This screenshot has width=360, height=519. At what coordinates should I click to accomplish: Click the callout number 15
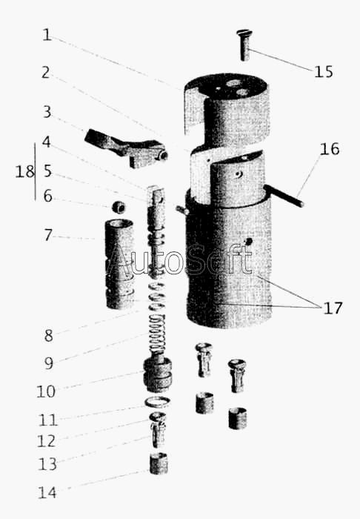point(323,72)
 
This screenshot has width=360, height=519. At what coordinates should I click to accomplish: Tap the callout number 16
point(329,149)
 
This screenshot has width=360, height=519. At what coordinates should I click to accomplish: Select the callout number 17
point(333,308)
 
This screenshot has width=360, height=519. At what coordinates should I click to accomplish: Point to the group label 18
point(24,171)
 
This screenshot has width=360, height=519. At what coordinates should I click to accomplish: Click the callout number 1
point(47,35)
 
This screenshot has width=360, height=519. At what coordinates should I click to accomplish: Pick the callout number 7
point(48,235)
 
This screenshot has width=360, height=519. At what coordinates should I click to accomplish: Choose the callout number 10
point(46,391)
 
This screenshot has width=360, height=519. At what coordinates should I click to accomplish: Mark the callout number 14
point(47,493)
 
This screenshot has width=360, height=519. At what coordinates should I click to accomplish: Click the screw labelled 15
point(244,45)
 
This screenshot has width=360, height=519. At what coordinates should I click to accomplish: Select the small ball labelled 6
point(119,207)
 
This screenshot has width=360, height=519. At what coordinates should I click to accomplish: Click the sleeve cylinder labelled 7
point(119,264)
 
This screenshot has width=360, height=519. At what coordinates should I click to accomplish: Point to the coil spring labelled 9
point(158,333)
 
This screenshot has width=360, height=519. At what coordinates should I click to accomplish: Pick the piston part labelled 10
point(157,374)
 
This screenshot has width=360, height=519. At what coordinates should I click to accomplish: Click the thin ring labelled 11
point(157,402)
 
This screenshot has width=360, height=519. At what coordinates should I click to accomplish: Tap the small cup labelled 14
point(159,463)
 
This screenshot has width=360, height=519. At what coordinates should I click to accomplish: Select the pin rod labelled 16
point(284,196)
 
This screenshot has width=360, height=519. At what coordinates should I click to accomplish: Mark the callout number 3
point(47,112)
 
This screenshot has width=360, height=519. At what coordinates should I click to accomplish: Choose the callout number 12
point(46,441)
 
